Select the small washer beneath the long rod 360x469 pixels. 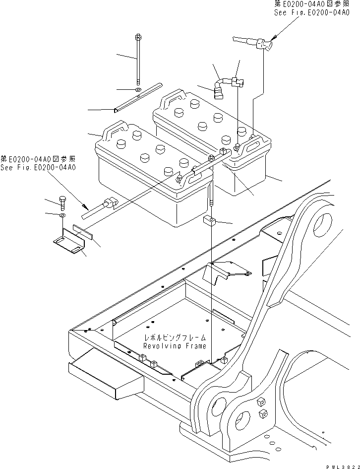(x=137, y=90)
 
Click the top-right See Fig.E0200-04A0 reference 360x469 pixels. (x=311, y=13)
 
